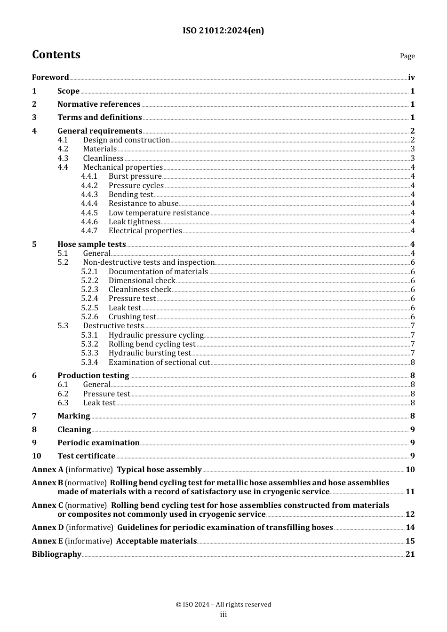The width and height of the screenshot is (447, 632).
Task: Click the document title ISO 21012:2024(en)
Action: tap(223, 31)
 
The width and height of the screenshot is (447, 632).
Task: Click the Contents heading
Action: tap(56, 55)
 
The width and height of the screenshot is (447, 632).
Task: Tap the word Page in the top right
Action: tap(407, 56)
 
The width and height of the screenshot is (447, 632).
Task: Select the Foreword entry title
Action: tap(50, 78)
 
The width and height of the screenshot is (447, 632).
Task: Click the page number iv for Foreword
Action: tap(411, 78)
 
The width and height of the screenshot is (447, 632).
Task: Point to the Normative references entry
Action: tap(99, 104)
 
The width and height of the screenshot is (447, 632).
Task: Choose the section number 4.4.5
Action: tap(89, 213)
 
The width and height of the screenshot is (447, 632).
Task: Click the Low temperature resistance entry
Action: tap(159, 213)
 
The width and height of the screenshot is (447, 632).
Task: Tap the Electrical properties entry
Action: tap(145, 231)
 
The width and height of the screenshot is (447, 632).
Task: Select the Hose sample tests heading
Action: tap(91, 245)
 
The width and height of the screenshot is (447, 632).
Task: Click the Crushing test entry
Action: tap(132, 317)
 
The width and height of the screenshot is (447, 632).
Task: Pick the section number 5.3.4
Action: tap(89, 363)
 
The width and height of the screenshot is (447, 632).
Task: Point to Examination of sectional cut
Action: tap(159, 363)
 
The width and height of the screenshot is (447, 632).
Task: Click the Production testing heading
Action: tap(93, 376)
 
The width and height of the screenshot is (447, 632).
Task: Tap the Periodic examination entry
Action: tap(98, 443)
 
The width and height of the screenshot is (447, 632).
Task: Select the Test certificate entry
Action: tap(86, 456)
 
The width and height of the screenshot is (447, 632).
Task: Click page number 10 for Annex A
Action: tap(410, 470)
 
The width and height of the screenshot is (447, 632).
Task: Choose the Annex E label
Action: tap(48, 541)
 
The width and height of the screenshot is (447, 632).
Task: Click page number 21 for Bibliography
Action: tap(410, 554)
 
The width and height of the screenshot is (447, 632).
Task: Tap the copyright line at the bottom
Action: tap(223, 605)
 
